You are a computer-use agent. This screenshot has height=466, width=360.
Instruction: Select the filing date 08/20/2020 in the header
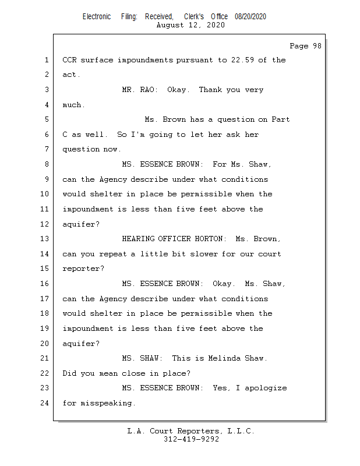(x=250, y=17)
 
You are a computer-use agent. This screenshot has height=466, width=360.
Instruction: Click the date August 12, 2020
(x=191, y=25)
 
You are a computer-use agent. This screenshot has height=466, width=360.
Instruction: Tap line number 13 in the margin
(x=45, y=239)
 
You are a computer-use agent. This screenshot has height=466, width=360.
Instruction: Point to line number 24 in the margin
(x=45, y=403)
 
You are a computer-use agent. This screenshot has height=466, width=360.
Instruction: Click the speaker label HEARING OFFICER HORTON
(x=173, y=239)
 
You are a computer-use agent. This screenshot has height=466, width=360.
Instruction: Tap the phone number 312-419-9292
(x=191, y=439)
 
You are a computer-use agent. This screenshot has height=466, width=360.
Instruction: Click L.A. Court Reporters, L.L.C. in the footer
(x=191, y=431)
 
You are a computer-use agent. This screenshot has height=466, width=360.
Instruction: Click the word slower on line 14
(x=185, y=254)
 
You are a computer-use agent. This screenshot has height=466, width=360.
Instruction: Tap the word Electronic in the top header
(x=97, y=17)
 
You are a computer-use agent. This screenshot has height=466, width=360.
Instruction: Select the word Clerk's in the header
(x=194, y=17)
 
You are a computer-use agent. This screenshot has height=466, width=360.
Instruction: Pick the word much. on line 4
(x=73, y=105)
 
